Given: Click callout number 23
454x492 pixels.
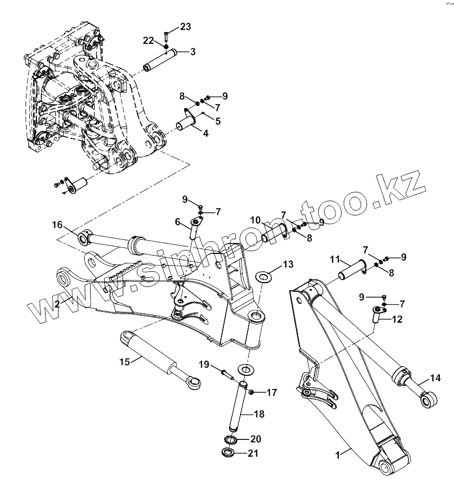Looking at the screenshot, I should click(x=186, y=27).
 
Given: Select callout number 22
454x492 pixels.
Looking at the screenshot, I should click(x=149, y=40).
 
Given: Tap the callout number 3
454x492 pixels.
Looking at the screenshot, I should click(x=193, y=52).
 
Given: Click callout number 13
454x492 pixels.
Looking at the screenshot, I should click(x=288, y=264).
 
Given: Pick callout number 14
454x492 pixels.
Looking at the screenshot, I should click(x=435, y=378).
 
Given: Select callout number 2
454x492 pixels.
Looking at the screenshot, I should click(x=57, y=304).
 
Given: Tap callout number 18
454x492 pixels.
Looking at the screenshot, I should click(x=259, y=414).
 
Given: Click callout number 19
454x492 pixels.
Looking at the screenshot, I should click(x=204, y=363).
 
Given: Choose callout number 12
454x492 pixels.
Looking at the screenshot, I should click(x=398, y=320).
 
